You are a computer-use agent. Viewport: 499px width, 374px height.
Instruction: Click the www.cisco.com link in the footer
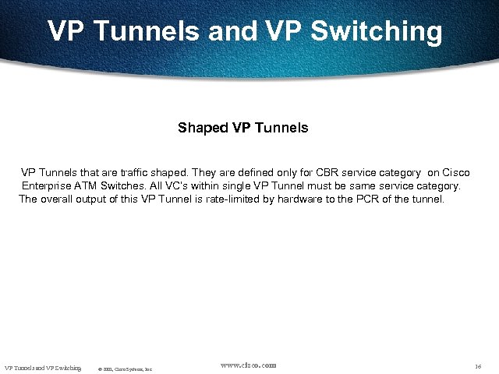click(248, 365)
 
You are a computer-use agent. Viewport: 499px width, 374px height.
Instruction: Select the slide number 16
click(478, 366)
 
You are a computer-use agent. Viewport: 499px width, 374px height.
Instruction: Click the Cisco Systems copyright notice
click(125, 368)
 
